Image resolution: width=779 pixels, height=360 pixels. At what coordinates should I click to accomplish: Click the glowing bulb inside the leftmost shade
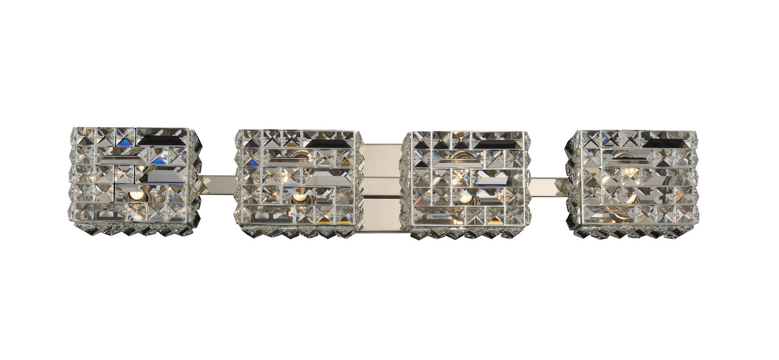pos(136,196)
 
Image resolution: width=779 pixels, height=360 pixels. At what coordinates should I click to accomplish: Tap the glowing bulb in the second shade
pos(298,198)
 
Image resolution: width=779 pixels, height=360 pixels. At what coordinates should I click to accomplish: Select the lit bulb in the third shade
pos(465,198)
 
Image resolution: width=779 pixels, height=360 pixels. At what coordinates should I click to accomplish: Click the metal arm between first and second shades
pos(217,184)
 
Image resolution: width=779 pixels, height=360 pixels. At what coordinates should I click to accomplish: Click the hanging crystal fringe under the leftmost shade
pos(135,230)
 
